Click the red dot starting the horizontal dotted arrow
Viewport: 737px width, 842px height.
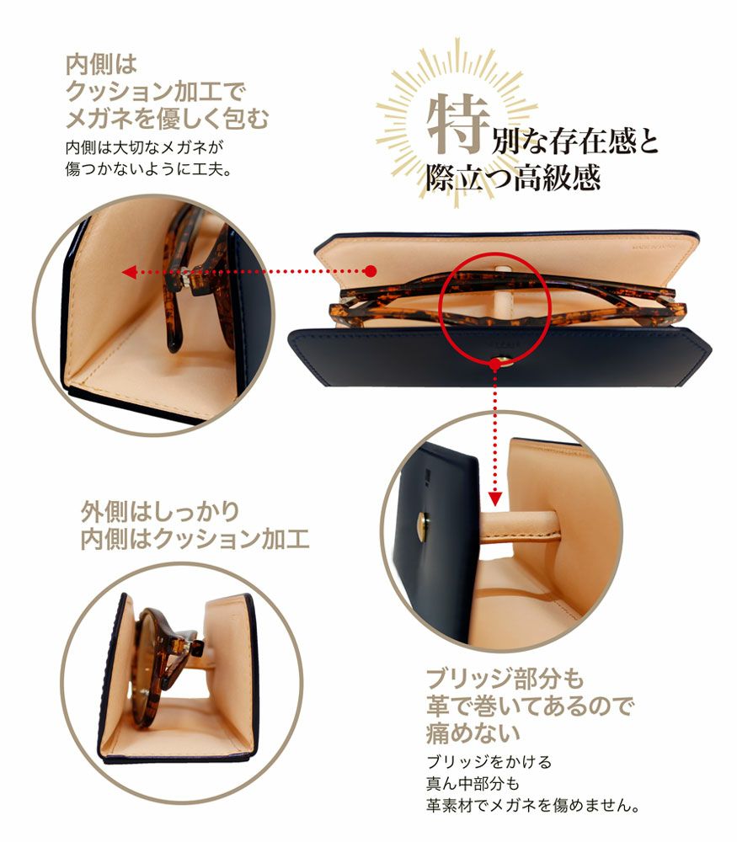[370, 271]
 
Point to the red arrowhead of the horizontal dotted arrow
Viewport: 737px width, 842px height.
[128, 272]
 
